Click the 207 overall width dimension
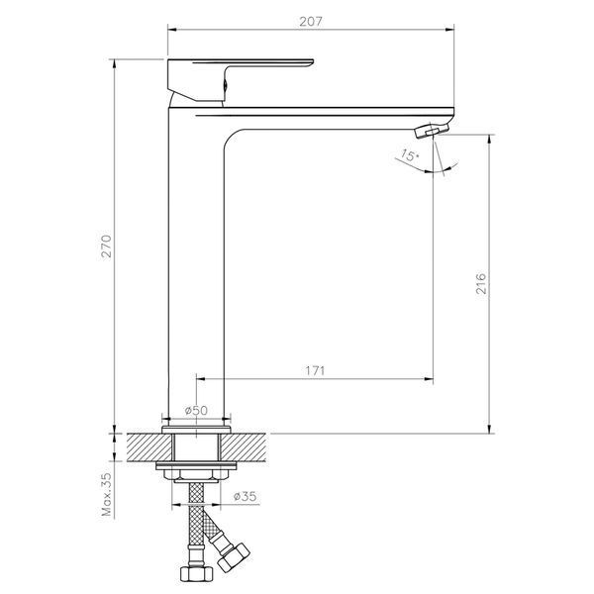[x=311, y=22]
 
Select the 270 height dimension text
[x=107, y=247]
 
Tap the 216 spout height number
[x=480, y=283]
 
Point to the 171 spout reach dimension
[x=315, y=370]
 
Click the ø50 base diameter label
[x=196, y=410]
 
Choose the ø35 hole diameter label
[x=245, y=496]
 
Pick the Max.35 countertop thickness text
[x=107, y=494]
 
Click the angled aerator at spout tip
[x=432, y=131]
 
